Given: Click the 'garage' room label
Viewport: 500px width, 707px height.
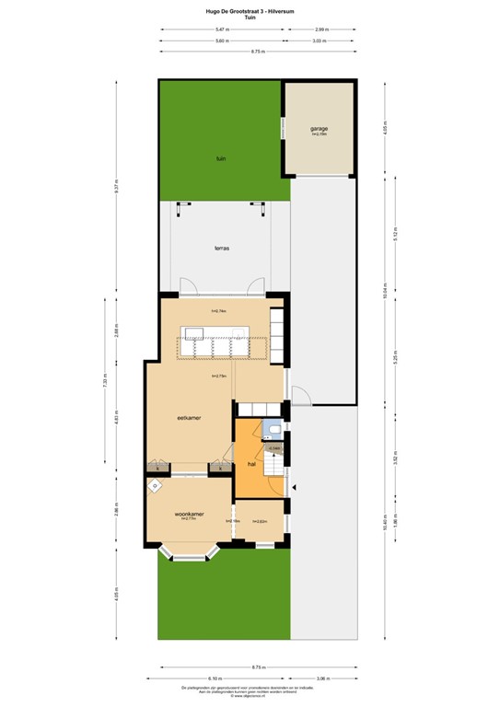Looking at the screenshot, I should tap(320, 129).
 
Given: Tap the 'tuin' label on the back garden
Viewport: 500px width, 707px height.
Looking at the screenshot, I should tap(221, 159).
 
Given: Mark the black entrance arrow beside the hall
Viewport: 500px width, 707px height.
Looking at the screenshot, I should tap(295, 487).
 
